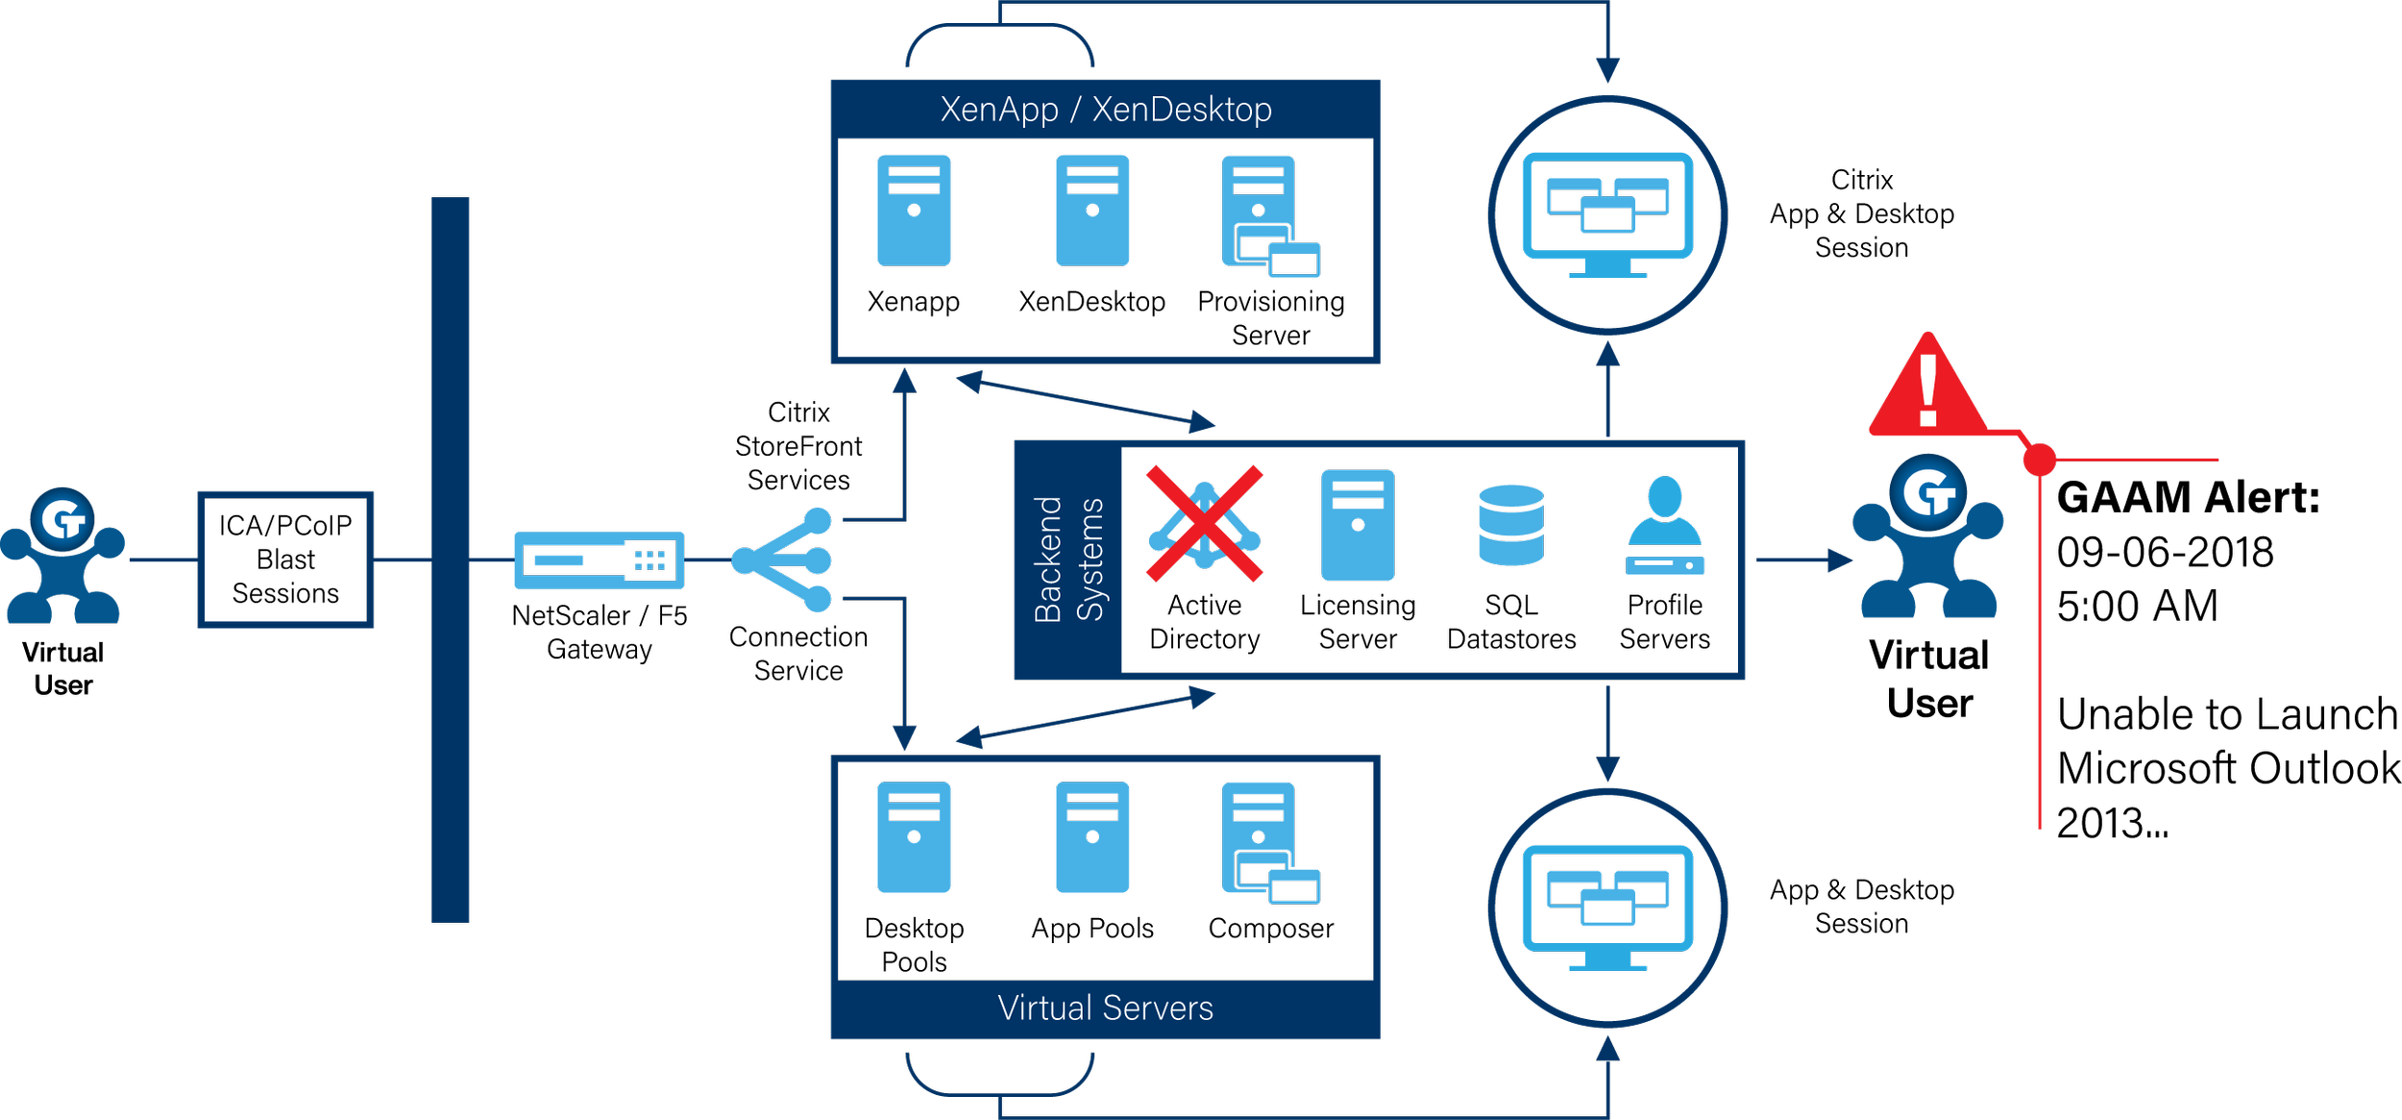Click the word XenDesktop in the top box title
[x=1182, y=110]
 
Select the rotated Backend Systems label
[x=1068, y=560]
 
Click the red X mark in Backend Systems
[x=1202, y=525]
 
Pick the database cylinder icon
[x=1511, y=525]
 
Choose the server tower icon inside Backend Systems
[x=1358, y=525]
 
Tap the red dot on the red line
[x=2040, y=460]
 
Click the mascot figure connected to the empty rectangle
[x=62, y=558]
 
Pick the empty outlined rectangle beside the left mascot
[x=285, y=560]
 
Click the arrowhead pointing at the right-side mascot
[x=1840, y=560]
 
